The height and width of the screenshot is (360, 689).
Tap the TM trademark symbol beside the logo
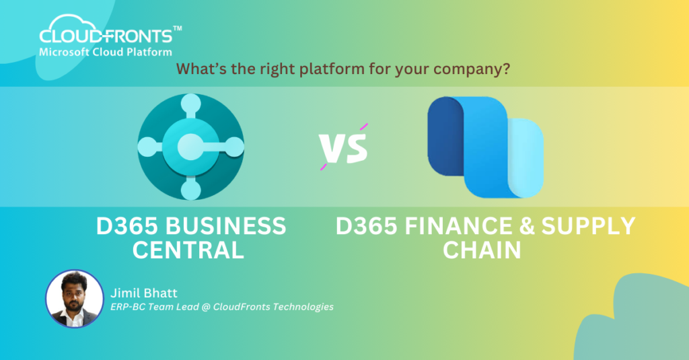[x=178, y=28]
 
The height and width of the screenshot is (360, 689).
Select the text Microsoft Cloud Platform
[x=106, y=52]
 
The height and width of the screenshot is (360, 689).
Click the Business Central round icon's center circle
[x=190, y=147]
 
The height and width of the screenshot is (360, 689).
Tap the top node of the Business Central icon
[x=190, y=104]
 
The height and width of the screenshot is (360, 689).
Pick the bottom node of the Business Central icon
[x=190, y=190]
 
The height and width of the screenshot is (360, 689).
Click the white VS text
[x=343, y=148]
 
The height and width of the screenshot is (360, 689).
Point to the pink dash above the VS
[x=364, y=127]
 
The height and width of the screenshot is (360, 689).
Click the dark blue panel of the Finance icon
[x=446, y=137]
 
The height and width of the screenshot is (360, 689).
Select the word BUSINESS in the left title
[x=225, y=226]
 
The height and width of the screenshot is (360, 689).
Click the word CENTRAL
[x=188, y=250]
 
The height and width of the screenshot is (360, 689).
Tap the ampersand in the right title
[x=526, y=226]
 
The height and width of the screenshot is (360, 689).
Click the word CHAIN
[x=482, y=250]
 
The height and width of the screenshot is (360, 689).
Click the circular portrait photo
[x=75, y=299]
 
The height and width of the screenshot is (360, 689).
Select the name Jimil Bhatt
[x=144, y=293]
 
